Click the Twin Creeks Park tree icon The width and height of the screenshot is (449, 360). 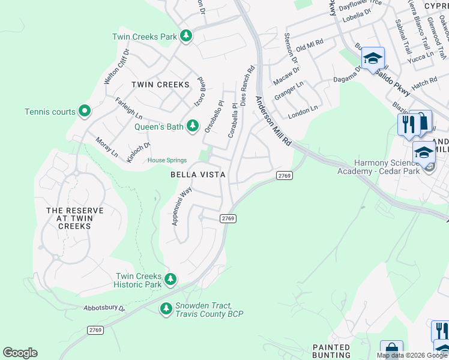tap(186, 37)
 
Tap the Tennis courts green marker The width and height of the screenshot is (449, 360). tap(85, 112)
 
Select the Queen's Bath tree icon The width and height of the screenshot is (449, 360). tap(192, 126)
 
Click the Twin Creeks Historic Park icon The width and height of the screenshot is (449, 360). tap(170, 279)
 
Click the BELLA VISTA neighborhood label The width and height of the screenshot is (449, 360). tap(198, 175)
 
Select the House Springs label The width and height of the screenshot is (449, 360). tap(167, 160)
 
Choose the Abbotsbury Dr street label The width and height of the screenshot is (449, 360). tap(103, 308)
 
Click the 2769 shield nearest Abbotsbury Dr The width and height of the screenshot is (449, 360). tap(95, 330)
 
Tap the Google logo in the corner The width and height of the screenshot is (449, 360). tap(20, 353)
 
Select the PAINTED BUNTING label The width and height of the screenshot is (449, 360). tap(331, 352)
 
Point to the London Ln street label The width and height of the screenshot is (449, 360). tap(303, 110)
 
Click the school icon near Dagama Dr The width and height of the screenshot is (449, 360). tap(373, 58)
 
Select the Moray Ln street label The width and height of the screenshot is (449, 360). tap(107, 147)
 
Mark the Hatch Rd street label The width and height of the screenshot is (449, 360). tap(424, 82)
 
